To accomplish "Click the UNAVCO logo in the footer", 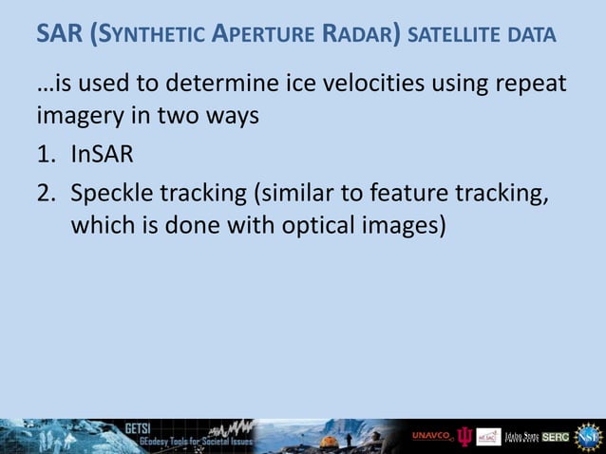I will (x=433, y=436).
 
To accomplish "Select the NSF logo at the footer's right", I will (x=588, y=435).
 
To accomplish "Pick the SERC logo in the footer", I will (x=556, y=436).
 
